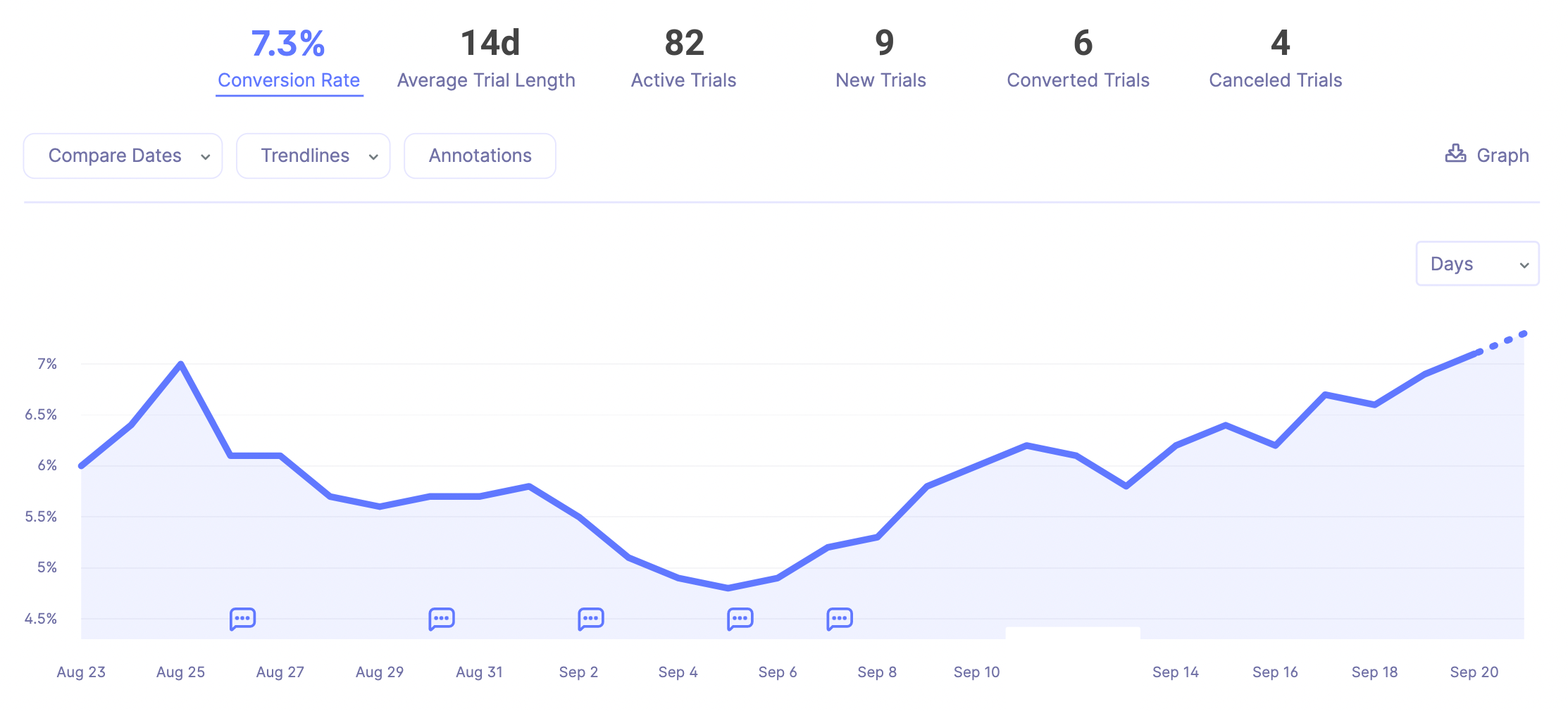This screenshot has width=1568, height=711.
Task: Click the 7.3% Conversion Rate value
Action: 288,44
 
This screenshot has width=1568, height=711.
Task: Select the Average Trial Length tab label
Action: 486,80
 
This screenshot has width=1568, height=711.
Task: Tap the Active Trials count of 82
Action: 684,44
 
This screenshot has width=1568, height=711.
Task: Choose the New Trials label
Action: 881,80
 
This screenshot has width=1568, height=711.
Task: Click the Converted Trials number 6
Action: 1083,44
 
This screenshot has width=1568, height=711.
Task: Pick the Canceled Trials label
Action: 1275,80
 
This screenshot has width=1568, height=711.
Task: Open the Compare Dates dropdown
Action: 123,156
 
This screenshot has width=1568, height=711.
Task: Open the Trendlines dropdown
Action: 313,156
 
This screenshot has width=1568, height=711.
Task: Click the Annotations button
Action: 480,156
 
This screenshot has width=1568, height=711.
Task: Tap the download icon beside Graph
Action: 1455,153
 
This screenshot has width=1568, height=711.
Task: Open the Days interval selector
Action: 1477,264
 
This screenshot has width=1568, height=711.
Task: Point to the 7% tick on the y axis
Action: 47,364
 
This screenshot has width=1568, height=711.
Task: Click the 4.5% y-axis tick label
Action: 41,619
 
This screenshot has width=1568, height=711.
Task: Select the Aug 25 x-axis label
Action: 180,672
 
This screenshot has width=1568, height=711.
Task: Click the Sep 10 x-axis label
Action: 976,672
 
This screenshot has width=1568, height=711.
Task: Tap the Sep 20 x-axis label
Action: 1474,672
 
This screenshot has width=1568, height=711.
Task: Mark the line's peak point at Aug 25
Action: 181,364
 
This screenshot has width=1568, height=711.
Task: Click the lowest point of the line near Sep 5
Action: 728,588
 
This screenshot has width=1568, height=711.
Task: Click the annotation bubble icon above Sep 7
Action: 840,619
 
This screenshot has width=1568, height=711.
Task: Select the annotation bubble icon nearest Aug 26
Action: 242,619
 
